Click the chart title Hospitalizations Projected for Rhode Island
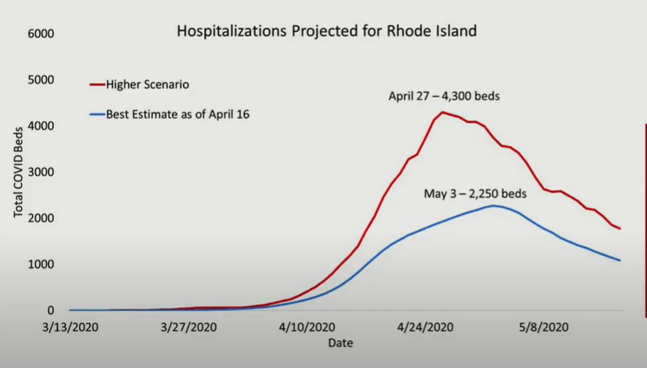(327, 31)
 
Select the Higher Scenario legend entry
(139, 85)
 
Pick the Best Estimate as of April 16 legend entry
(170, 115)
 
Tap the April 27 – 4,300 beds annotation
(444, 96)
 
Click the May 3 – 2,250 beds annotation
(476, 194)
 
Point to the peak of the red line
(442, 112)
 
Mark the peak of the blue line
(494, 206)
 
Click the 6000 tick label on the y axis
(41, 34)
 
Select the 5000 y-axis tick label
(41, 80)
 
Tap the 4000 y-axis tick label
(41, 126)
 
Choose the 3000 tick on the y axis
(41, 172)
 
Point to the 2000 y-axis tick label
(41, 218)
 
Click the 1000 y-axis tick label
(41, 264)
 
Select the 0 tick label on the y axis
(50, 310)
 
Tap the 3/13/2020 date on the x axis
(70, 327)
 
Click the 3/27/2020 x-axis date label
(188, 327)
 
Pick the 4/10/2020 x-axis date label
(307, 327)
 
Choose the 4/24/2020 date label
(425, 327)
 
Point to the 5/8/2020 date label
(544, 327)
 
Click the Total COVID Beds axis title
(18, 172)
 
